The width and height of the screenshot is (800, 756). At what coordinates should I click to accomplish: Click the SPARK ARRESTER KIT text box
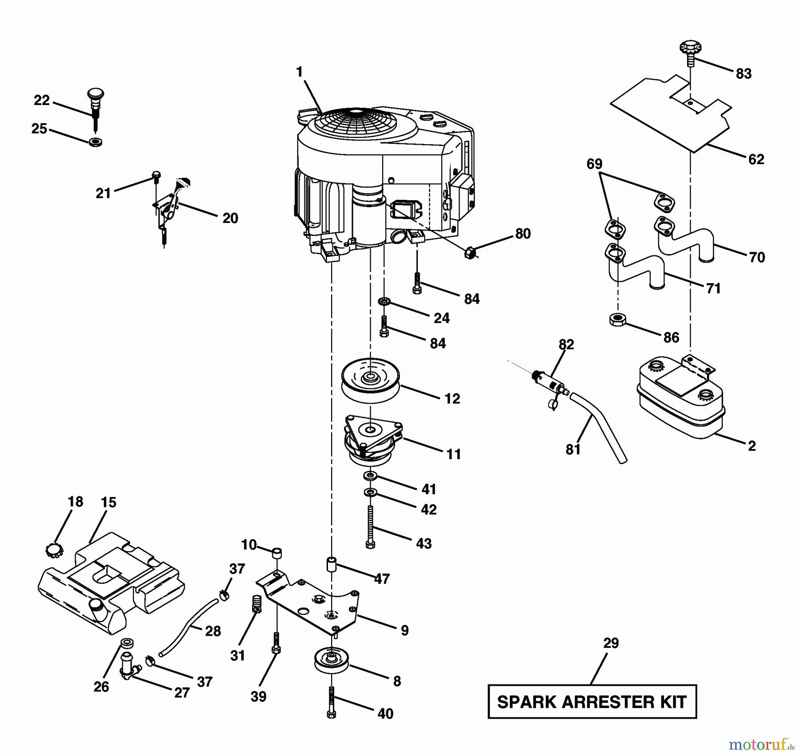(x=592, y=702)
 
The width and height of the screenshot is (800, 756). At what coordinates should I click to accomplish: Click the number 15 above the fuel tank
(x=108, y=503)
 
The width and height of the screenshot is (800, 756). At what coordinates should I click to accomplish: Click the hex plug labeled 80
(x=470, y=254)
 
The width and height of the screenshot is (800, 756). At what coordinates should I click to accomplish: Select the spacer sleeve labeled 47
(x=332, y=564)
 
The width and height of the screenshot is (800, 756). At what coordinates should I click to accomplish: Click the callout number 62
(x=756, y=159)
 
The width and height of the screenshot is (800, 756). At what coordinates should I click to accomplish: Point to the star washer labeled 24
(x=384, y=302)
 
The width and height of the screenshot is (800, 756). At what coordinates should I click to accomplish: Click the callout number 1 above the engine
(x=299, y=72)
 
